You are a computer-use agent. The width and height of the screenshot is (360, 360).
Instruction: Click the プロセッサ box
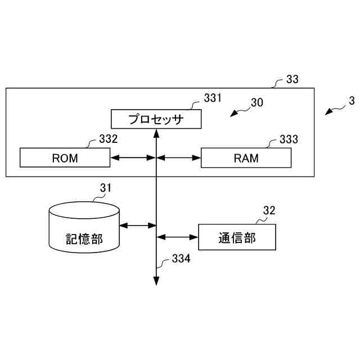tap(155, 119)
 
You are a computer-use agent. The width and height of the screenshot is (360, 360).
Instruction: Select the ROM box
tap(65, 157)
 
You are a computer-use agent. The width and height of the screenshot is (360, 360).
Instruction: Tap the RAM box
tap(246, 157)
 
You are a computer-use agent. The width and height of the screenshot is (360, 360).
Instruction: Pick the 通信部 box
tap(237, 237)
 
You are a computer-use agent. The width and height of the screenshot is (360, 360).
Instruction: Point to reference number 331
tap(213, 98)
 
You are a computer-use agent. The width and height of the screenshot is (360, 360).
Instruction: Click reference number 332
tap(108, 138)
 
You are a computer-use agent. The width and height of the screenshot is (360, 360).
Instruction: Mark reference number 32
tap(269, 211)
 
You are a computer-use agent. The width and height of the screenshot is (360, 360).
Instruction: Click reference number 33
tap(292, 79)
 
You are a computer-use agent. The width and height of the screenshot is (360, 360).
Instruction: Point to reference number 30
tap(256, 102)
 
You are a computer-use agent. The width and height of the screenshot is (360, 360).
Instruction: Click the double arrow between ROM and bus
tap(132, 157)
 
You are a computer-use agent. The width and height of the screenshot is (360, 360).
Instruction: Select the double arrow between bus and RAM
tap(178, 157)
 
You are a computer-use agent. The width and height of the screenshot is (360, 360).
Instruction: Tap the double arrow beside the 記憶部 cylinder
tap(138, 226)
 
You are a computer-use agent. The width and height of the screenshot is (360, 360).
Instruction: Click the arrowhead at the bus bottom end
tap(156, 281)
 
